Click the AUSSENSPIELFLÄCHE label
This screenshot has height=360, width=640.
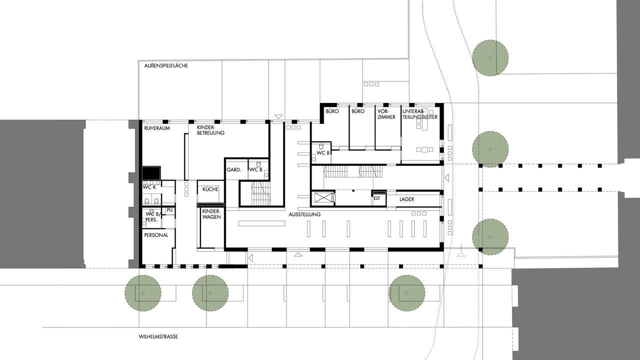166,65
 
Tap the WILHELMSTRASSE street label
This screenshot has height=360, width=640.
158,336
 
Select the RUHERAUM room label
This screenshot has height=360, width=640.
157,128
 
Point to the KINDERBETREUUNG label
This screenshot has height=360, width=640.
210,130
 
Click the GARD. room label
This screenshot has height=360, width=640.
233,169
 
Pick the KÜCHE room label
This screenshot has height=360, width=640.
210,189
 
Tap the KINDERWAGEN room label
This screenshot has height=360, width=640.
211,214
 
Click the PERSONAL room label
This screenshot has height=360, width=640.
156,235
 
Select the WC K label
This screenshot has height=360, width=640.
149,187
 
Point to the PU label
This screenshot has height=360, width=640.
169,210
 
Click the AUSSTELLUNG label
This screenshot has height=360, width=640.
304,214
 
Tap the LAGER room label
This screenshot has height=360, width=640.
406,199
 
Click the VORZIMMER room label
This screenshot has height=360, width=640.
386,114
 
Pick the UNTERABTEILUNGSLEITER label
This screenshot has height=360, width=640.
419,114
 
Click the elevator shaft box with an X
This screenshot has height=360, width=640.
322,197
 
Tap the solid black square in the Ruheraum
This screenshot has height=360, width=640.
151,173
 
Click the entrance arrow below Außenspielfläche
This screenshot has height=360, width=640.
278,116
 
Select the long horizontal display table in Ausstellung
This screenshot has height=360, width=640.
261,223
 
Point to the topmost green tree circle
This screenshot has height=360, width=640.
490,58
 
